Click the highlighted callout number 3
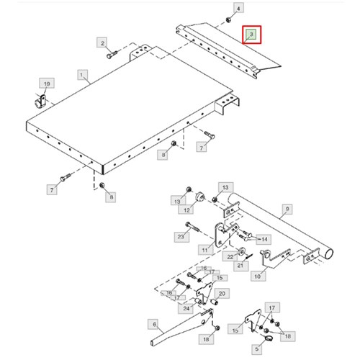click(x=251, y=35)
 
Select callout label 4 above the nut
click(x=238, y=9)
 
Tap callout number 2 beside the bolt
click(x=102, y=42)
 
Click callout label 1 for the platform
click(x=82, y=75)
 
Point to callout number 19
click(x=47, y=84)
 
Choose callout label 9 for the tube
click(x=287, y=209)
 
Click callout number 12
click(x=186, y=210)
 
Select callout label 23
click(x=181, y=237)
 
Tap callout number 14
click(x=264, y=239)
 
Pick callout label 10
click(x=258, y=276)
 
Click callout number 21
click(x=240, y=266)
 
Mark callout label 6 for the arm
click(x=154, y=325)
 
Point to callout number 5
click(x=257, y=349)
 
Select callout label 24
click(x=186, y=308)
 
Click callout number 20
click(x=222, y=294)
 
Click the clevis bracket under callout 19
click(x=40, y=102)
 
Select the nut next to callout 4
click(x=228, y=20)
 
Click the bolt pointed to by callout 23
click(x=192, y=227)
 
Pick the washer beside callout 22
click(x=242, y=251)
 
